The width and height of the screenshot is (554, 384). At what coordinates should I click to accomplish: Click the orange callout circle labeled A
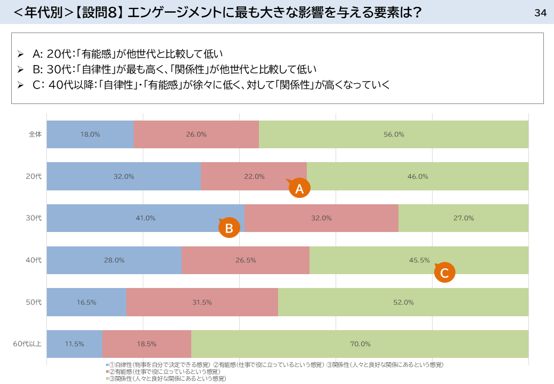click(x=299, y=188)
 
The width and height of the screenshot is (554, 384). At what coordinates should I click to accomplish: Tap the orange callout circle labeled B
click(x=229, y=227)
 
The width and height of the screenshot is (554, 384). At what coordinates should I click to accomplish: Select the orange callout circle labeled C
click(x=445, y=272)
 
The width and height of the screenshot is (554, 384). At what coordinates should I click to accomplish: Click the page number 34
click(x=540, y=13)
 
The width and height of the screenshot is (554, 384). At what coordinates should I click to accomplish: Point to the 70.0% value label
click(x=361, y=344)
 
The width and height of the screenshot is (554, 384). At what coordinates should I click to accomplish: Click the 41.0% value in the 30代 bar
click(x=145, y=218)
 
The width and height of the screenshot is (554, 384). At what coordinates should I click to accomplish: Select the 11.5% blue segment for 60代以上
click(x=75, y=344)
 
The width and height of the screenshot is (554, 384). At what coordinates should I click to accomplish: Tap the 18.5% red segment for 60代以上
click(x=146, y=344)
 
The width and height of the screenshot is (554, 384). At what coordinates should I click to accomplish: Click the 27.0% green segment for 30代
click(x=463, y=218)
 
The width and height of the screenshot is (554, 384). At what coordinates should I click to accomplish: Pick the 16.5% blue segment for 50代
click(x=86, y=302)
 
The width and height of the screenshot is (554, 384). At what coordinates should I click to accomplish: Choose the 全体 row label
click(x=35, y=134)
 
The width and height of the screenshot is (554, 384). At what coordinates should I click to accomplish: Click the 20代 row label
click(x=34, y=176)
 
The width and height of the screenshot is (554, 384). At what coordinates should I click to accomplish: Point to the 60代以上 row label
click(x=27, y=344)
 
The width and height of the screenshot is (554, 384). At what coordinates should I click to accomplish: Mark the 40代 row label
click(x=34, y=260)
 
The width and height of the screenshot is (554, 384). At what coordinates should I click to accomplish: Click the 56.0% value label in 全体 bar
click(x=394, y=134)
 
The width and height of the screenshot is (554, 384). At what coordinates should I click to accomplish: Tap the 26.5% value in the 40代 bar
click(x=246, y=260)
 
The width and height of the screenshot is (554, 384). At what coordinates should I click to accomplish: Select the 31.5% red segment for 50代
click(x=202, y=302)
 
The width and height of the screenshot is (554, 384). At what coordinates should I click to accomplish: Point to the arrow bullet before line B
click(x=20, y=69)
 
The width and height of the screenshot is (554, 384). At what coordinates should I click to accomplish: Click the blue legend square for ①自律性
click(x=107, y=365)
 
